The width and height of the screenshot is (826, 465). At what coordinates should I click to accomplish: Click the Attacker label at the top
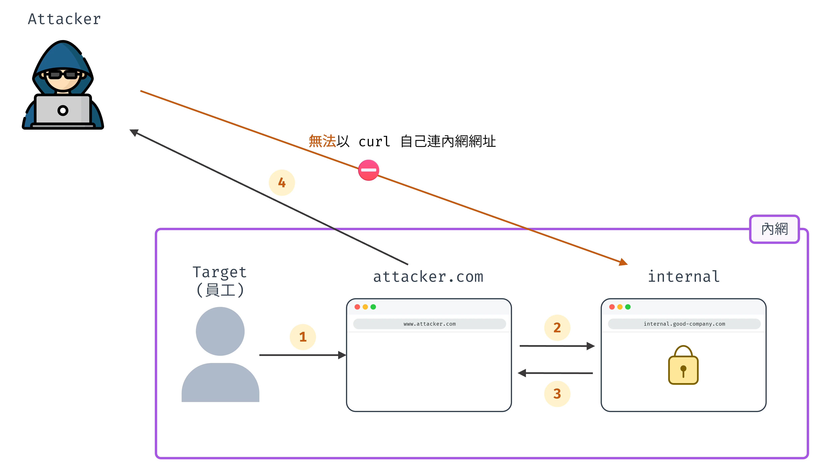point(64,19)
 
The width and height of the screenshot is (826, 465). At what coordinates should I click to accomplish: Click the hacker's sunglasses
point(63,75)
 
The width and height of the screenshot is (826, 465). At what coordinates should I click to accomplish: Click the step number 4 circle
point(281,183)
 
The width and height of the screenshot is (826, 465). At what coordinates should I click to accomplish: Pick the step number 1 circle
point(303,337)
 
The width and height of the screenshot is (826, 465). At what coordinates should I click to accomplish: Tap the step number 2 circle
point(557,327)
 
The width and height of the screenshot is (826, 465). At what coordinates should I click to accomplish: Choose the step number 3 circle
point(557,393)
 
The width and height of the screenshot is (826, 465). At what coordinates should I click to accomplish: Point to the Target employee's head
point(220,331)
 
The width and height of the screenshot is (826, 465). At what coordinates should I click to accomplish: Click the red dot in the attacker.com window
point(357,307)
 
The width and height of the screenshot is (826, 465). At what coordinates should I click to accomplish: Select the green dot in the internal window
point(628,307)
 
